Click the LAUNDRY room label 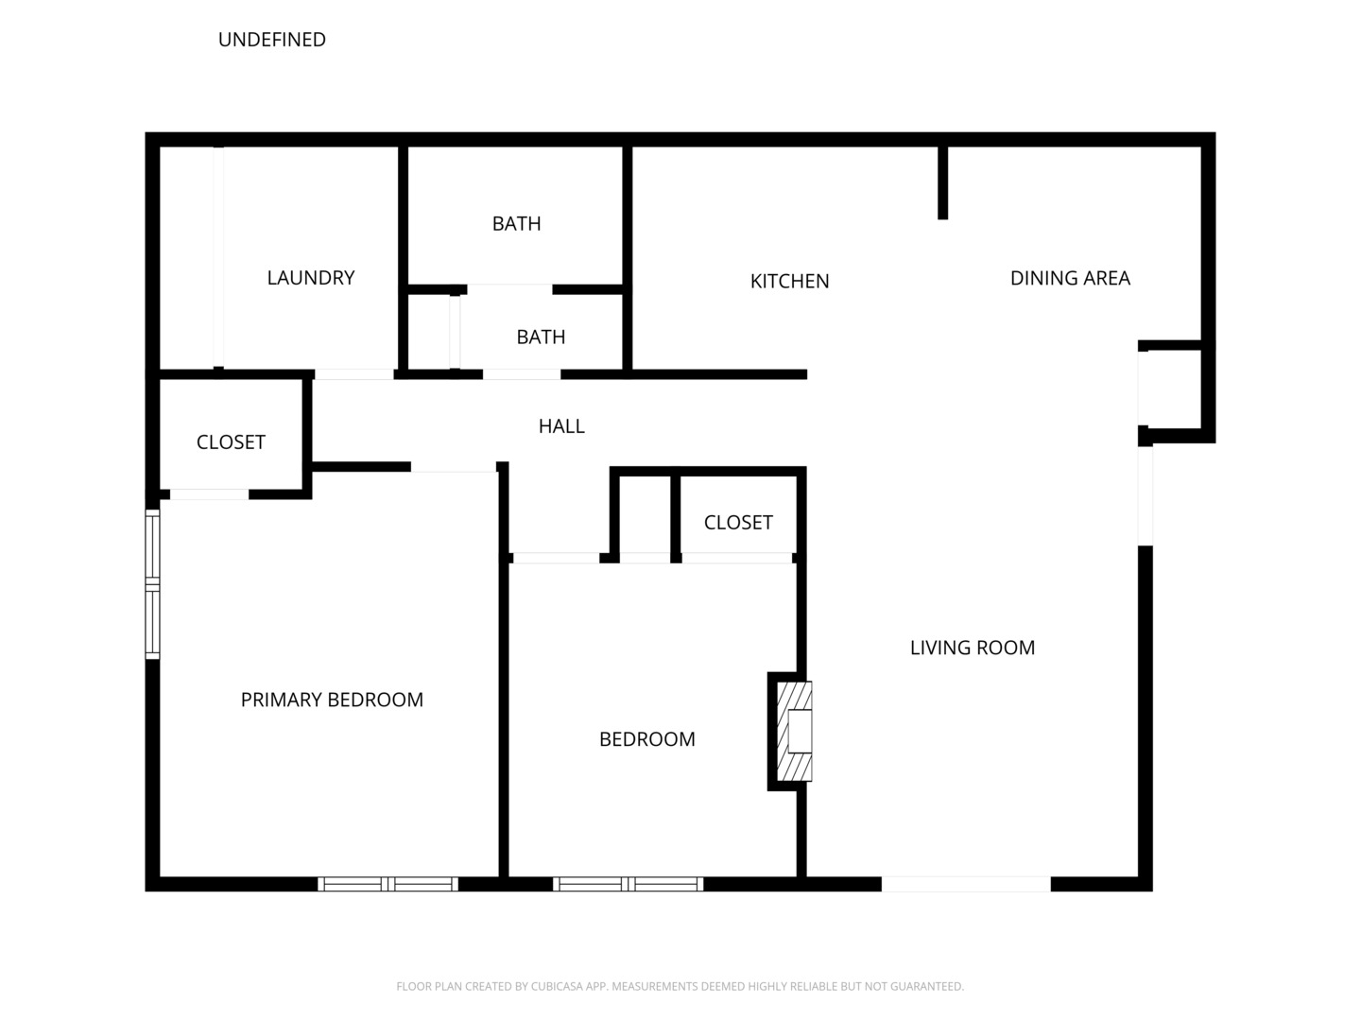point(310,278)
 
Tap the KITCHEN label point(789,282)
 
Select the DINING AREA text point(1070,278)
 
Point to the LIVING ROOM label point(972,648)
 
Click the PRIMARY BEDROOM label point(332,700)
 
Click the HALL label point(561,426)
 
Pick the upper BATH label point(516,224)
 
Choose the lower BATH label point(541,337)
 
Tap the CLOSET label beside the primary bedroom point(231,442)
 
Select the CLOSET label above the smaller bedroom point(738,523)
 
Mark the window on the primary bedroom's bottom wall point(388,884)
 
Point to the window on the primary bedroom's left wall point(152,584)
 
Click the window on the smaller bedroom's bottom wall point(628,884)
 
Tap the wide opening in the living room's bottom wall point(966,884)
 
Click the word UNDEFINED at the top point(272,40)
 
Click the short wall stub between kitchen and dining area point(942,182)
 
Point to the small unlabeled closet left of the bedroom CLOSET point(645,515)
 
